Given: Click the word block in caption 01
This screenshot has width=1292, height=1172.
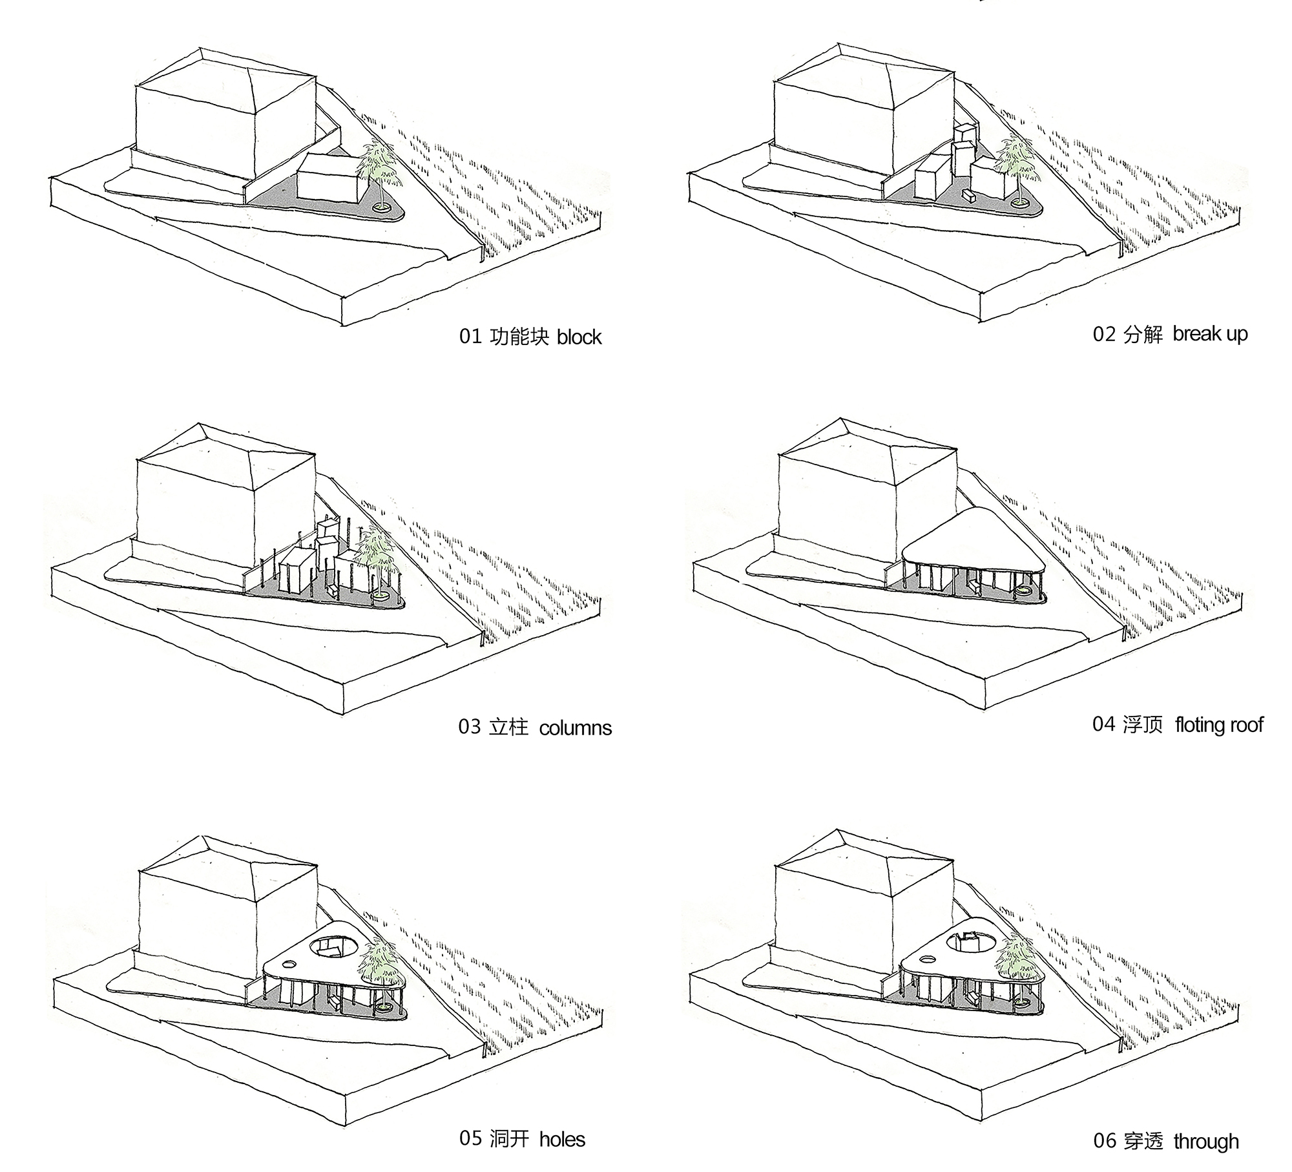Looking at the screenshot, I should (x=579, y=337).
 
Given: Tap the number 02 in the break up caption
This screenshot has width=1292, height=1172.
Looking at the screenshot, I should (x=1104, y=334).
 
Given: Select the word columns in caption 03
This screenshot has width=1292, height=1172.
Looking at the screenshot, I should (x=575, y=728).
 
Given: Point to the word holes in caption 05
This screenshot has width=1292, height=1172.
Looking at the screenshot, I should (x=562, y=1139).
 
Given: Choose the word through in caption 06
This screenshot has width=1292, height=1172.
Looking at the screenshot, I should (x=1206, y=1142).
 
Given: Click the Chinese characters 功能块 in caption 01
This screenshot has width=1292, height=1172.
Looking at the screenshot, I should (x=519, y=337).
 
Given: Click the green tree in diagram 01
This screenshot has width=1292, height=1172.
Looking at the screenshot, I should (x=375, y=165).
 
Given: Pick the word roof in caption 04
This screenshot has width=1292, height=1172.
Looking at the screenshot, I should (x=1247, y=725).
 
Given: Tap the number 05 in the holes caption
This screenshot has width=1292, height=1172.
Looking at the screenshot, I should (x=470, y=1138).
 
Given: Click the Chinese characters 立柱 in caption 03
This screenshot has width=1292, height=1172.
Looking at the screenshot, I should (x=508, y=727).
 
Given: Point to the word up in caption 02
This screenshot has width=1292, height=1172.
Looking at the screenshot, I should (x=1236, y=335).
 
